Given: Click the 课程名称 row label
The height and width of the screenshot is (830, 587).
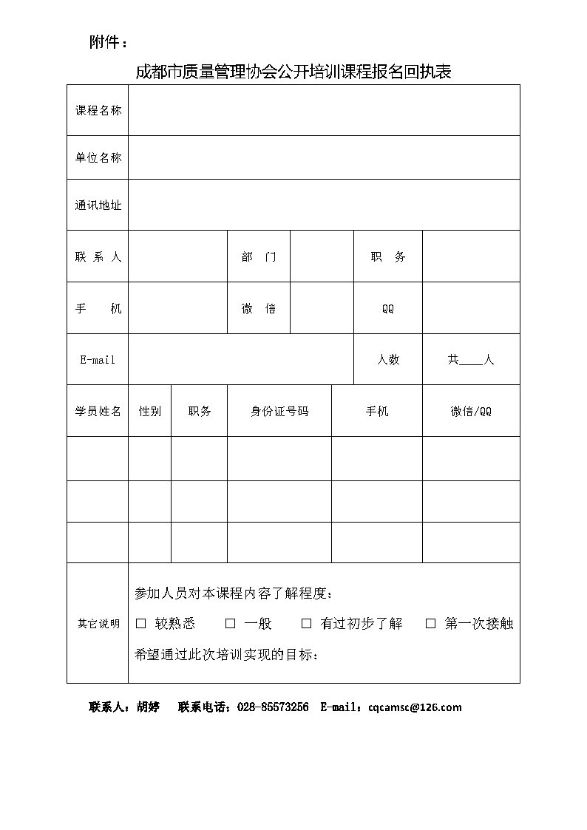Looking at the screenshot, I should [x=98, y=110].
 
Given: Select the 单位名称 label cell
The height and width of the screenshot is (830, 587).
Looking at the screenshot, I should [x=98, y=157].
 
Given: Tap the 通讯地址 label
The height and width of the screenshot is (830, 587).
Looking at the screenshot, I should [x=98, y=205].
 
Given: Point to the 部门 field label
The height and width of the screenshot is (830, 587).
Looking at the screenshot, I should [x=259, y=256].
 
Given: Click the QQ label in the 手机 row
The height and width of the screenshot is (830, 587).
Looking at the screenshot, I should [x=388, y=309].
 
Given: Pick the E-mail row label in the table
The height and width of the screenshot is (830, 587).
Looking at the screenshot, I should [x=98, y=360].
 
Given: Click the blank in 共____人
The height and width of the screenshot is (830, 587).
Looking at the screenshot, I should [x=470, y=361].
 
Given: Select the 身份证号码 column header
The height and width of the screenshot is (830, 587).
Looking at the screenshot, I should [x=279, y=411].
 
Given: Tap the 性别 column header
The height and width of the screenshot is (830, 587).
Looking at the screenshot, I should [x=150, y=411].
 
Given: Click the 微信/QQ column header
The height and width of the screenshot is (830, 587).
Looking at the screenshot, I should [x=471, y=411].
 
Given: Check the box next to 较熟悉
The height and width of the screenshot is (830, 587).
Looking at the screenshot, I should [x=141, y=624].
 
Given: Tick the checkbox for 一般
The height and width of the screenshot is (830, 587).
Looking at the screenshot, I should [x=230, y=624].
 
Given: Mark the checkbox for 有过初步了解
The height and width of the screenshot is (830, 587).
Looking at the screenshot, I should [x=306, y=624].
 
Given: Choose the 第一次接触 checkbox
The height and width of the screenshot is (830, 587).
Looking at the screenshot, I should [x=431, y=624].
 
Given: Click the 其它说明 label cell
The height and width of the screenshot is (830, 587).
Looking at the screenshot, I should [x=98, y=624].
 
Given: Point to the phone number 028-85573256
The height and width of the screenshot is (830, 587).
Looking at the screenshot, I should [x=273, y=707].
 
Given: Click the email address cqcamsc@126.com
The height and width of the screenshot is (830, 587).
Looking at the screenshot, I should [x=415, y=707].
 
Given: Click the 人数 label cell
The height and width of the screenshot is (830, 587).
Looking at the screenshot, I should [x=388, y=360].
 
